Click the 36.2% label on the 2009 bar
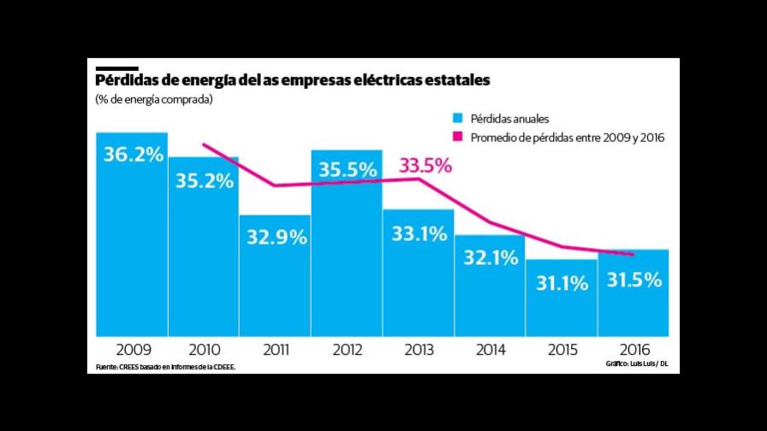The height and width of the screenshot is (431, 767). point(133,156)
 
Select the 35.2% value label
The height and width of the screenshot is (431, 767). point(204,180)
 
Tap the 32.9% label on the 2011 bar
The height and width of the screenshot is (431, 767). point(276,238)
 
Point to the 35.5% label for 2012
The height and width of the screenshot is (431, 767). point(348,170)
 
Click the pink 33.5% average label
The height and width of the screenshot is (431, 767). point(425,165)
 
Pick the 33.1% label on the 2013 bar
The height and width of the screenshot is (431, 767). point(419,232)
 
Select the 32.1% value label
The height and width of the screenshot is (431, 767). point(490,257)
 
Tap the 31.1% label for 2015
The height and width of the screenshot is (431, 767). point(562,283)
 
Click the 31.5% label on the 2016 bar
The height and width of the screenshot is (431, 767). point(633,279)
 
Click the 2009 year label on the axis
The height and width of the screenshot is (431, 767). point(133,350)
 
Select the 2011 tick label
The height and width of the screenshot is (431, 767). point(276,350)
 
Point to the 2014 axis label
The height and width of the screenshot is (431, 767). point(490,350)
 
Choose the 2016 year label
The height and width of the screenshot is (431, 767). point(633,350)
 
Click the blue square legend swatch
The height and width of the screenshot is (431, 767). point(458,118)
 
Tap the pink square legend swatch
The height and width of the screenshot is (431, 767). point(458,136)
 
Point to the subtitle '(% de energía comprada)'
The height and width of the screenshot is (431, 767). point(154,100)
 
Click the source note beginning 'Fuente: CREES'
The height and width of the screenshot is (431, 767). point(165,367)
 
